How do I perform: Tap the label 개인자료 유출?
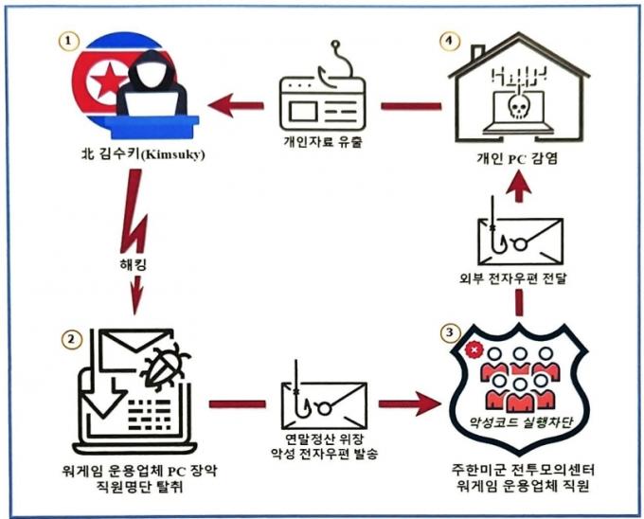coord(319,142)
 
